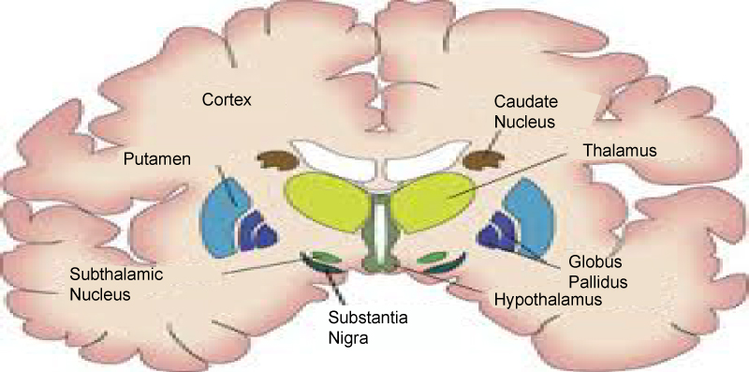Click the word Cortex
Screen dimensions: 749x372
pos(227,100)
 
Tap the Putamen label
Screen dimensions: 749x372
pos(157,158)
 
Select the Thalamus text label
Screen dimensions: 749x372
pos(620,150)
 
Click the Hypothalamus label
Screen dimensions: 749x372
pos(548,300)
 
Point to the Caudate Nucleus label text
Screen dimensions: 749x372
pos(525,112)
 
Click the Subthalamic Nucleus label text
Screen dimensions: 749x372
pos(116,284)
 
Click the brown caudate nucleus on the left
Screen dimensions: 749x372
pos(278,160)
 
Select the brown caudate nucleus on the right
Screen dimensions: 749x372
pos(483,160)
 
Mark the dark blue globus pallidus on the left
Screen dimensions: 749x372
pos(257,231)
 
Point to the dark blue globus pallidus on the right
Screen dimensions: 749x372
pos(498,231)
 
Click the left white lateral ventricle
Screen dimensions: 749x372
pos(334,157)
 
